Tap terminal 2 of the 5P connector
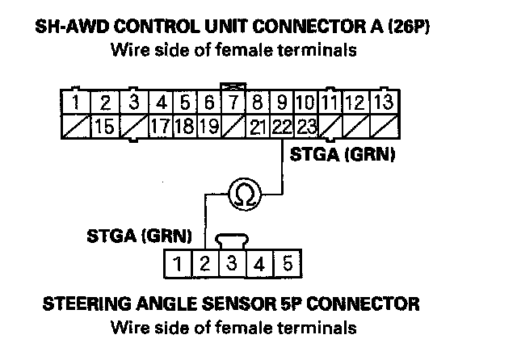point(205,263)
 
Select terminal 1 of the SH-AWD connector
point(74,103)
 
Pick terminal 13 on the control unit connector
point(385,103)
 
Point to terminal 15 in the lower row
point(103,126)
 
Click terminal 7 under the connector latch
point(233,103)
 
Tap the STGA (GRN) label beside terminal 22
point(341,156)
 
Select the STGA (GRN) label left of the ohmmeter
point(139,237)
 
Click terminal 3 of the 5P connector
point(233,263)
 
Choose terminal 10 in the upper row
point(305,103)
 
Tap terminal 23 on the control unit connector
point(305,126)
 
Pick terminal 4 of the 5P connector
point(260,263)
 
